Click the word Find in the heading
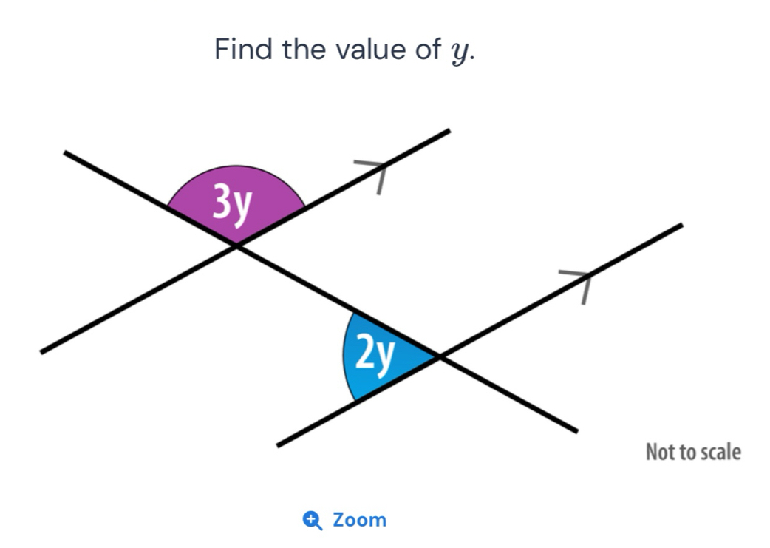pyautogui.click(x=243, y=49)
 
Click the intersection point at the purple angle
pyautogui.click(x=236, y=246)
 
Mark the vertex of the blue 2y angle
pyautogui.click(x=439, y=356)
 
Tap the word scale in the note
pyautogui.click(x=720, y=452)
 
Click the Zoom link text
pyautogui.click(x=359, y=520)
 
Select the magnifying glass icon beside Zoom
pyautogui.click(x=313, y=521)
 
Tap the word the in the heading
pyautogui.click(x=304, y=49)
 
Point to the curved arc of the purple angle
pyautogui.click(x=236, y=166)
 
